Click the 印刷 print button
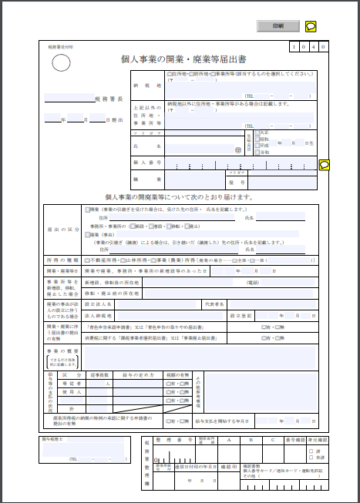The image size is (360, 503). coord(278,25)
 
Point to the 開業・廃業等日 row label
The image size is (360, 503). coord(62,271)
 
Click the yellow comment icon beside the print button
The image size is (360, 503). coord(311,25)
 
